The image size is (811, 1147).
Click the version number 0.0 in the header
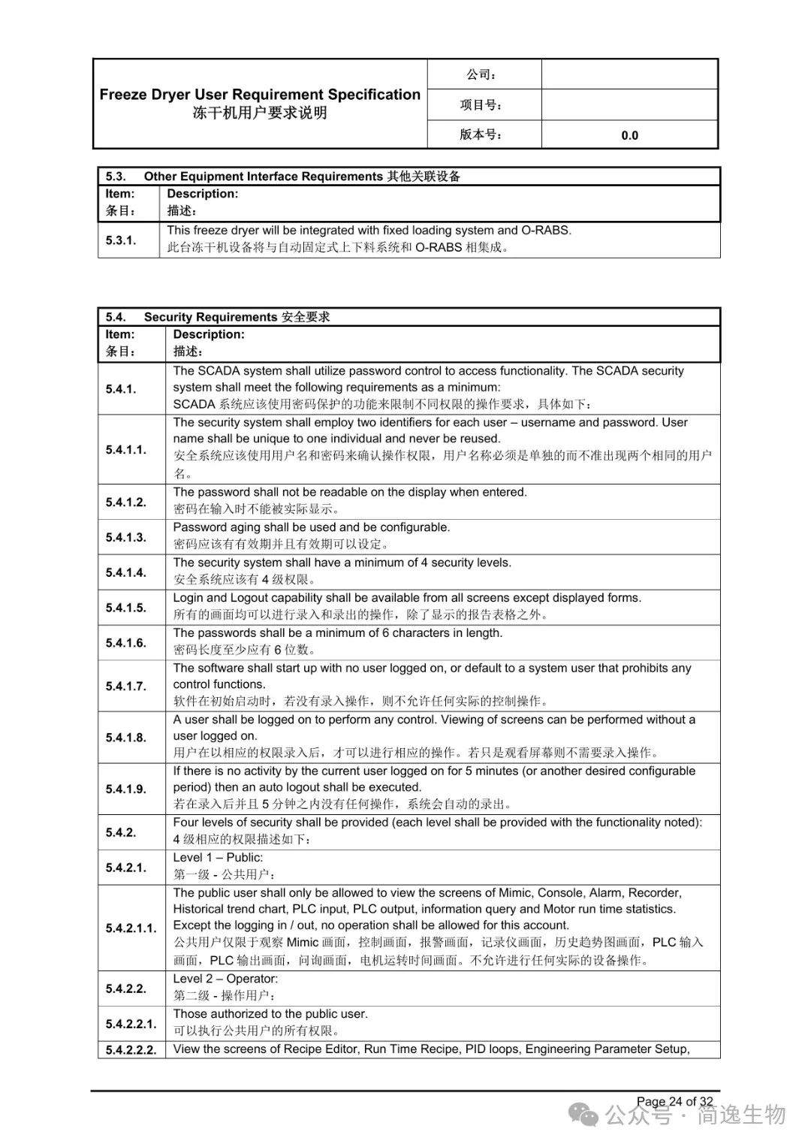click(629, 135)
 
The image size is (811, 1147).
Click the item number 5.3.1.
click(121, 240)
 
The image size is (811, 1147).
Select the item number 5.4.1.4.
click(126, 572)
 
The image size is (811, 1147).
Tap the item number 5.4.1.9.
click(126, 789)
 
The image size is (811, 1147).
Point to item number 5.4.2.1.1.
click(131, 928)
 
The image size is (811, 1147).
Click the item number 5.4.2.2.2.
click(131, 1050)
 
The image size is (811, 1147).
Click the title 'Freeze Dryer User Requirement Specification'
click(260, 95)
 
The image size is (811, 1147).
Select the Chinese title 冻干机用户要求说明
click(260, 113)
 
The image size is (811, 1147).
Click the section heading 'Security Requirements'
click(210, 317)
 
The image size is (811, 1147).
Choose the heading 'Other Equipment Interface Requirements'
click(263, 177)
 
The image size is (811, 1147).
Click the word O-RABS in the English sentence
click(546, 231)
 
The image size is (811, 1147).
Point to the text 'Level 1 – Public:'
click(218, 858)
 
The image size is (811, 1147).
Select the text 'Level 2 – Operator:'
click(225, 979)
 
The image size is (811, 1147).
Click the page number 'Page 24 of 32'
click(674, 1101)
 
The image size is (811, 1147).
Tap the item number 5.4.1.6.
click(126, 643)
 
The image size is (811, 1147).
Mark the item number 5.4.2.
click(121, 832)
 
